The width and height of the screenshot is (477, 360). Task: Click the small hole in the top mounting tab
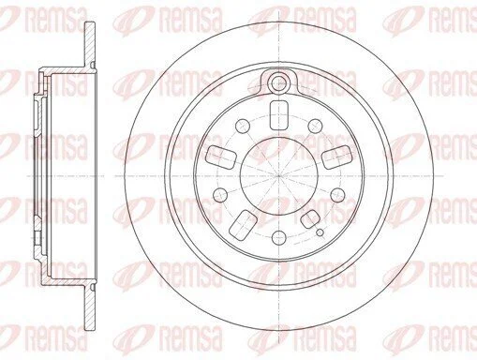point(278,82)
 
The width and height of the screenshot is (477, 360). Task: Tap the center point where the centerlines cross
point(279,176)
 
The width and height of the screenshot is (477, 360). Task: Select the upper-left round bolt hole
point(243,126)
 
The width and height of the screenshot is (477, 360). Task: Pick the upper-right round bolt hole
point(315,126)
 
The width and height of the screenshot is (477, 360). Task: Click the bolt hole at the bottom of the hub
point(279,238)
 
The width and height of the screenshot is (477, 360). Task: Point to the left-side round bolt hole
point(220,195)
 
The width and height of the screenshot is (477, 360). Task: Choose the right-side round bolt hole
point(337,195)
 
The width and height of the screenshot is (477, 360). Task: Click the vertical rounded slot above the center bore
point(278,115)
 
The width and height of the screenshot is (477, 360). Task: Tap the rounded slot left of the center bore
point(221,157)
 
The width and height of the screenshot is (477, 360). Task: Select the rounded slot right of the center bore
point(336,157)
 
